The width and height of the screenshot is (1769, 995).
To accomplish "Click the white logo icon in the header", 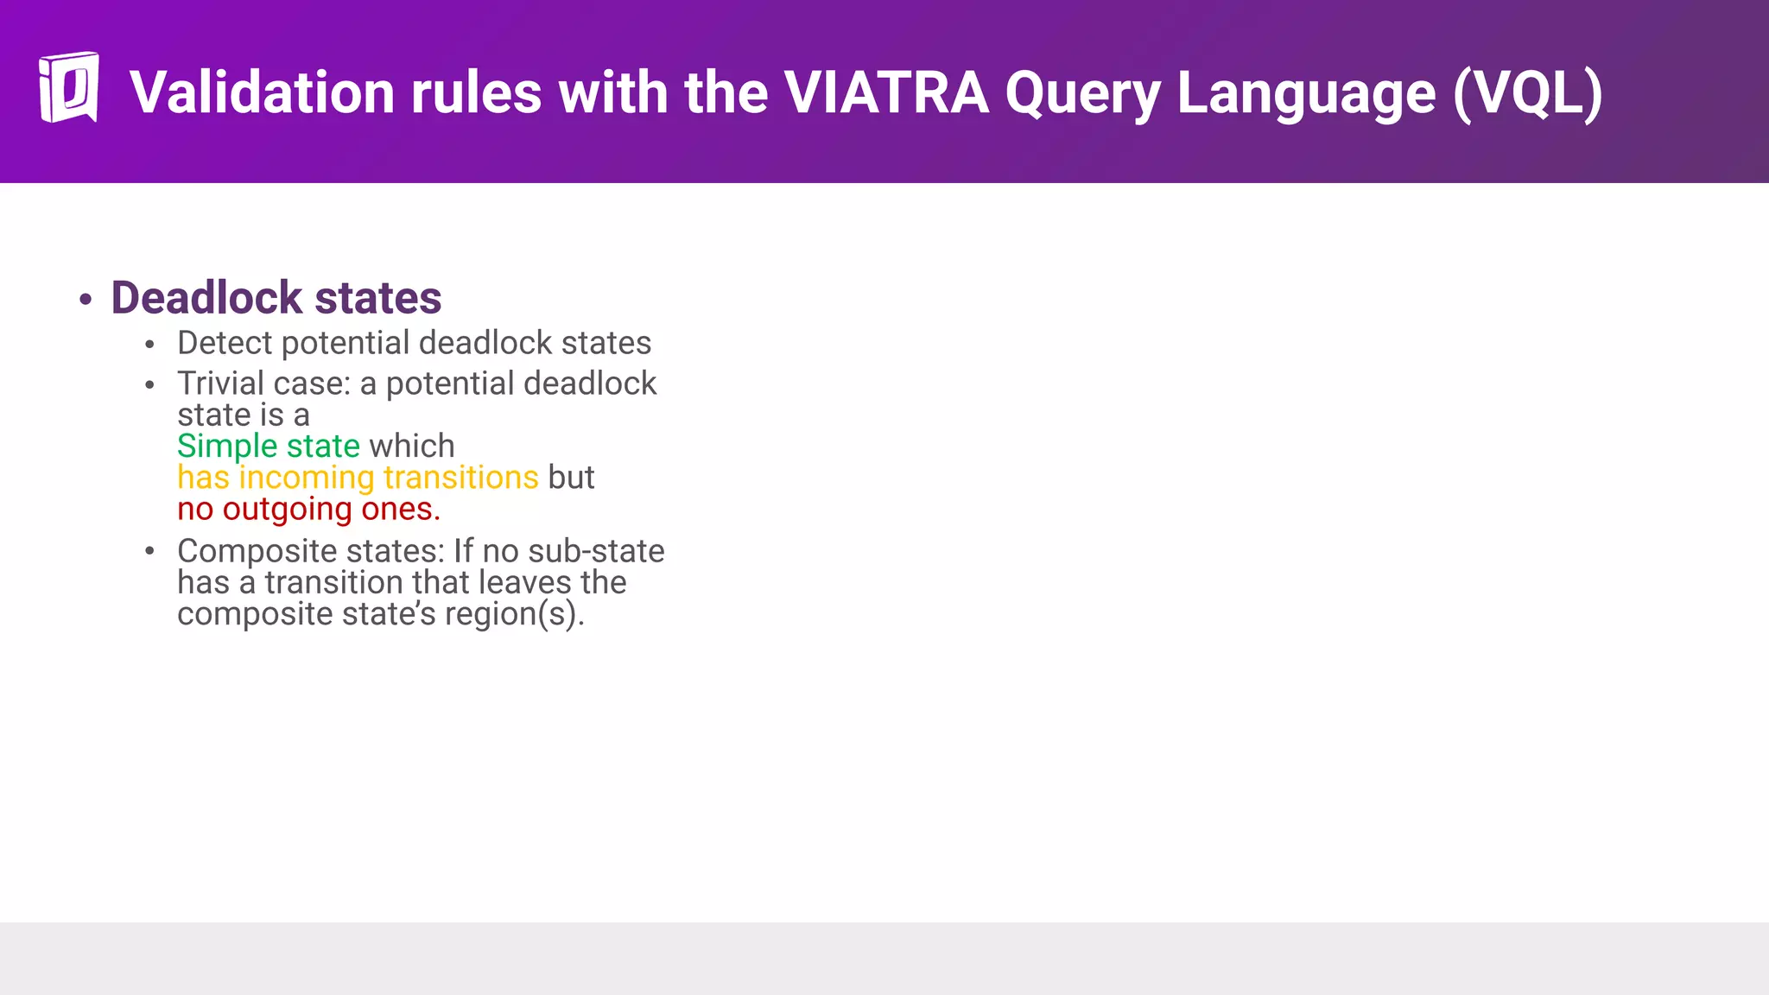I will [68, 87].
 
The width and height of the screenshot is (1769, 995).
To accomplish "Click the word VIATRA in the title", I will [886, 92].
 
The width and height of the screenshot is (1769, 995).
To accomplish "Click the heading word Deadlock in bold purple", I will [206, 298].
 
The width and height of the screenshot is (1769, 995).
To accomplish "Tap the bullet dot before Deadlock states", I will [85, 300].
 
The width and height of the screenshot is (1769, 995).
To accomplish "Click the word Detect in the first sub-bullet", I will [225, 343].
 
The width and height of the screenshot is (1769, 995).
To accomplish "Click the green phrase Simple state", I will [268, 447].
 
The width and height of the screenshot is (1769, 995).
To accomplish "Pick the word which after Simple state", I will [411, 447].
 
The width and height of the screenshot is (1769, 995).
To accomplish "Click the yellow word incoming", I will [306, 478].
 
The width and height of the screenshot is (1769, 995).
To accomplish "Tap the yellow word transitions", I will [460, 478].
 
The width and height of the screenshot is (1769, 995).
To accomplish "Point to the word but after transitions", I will [571, 478].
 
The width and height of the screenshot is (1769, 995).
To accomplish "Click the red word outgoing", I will [287, 510].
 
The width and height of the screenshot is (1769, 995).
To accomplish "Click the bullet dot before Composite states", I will [150, 551].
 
